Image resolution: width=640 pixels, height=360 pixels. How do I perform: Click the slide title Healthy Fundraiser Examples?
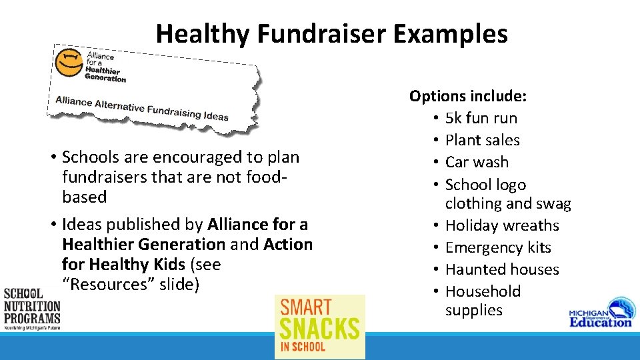(x=331, y=33)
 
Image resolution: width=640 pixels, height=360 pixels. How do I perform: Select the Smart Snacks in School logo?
(x=320, y=327)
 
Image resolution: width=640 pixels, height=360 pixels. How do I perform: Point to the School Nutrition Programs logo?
(x=31, y=309)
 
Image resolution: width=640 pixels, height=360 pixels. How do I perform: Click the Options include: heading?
(x=468, y=96)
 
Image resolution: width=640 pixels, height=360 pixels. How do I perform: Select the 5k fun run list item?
(x=481, y=118)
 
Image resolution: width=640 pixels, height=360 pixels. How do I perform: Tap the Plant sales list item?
(x=482, y=140)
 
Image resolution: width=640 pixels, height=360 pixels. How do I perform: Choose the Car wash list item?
(x=477, y=162)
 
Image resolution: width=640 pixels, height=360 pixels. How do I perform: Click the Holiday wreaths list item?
(x=502, y=225)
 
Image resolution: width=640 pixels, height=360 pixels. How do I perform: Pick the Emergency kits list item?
(x=498, y=247)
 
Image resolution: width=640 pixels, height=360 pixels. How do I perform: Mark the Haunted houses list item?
(x=502, y=269)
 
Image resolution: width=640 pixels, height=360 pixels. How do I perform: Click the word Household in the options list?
(x=483, y=291)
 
